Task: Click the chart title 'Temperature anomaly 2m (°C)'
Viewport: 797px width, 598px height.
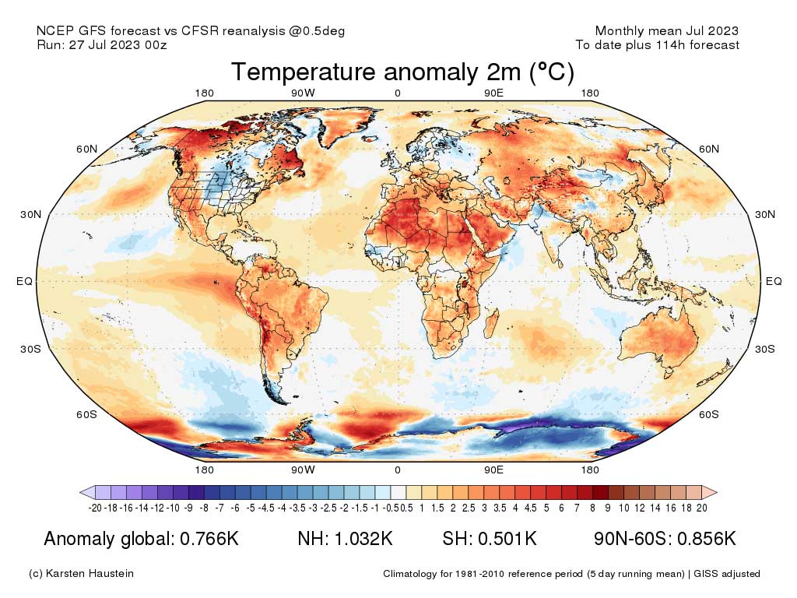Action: tap(402, 72)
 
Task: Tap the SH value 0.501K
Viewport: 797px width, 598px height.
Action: tap(510, 540)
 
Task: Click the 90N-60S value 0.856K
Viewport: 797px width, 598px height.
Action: tap(703, 540)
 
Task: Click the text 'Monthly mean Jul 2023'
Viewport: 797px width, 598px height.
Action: tap(666, 31)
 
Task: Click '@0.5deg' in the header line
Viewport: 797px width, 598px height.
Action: tap(318, 31)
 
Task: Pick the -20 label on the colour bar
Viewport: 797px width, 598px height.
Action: tap(96, 508)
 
